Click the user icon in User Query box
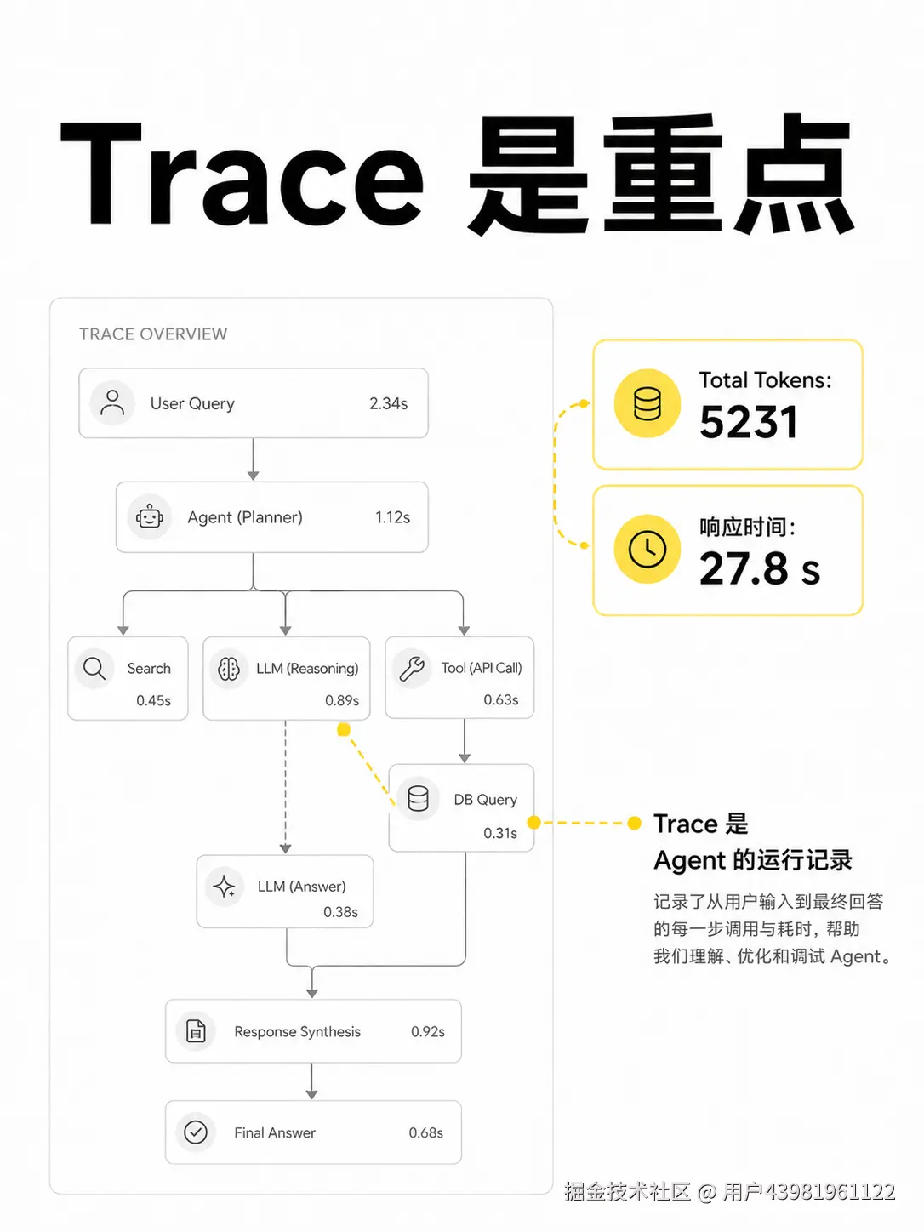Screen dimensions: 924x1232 point(112,403)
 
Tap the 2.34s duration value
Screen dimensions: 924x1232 point(388,403)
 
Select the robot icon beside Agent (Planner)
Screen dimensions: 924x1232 point(149,517)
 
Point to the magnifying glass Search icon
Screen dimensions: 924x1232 point(94,668)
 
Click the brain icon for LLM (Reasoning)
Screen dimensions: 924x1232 point(228,669)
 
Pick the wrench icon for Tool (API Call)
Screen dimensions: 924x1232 point(412,669)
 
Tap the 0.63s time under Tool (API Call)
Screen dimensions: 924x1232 point(501,700)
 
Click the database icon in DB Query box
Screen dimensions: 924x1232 point(418,799)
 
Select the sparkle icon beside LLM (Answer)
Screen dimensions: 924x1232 point(225,887)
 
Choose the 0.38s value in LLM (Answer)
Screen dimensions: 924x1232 point(340,912)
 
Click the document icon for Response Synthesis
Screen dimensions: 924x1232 point(196,1031)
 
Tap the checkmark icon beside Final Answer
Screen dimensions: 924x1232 point(196,1132)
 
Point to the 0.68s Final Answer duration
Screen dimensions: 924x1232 point(425,1132)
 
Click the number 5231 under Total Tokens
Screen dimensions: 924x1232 point(749,422)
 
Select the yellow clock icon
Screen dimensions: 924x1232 point(647,549)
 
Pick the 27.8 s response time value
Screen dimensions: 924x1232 point(760,568)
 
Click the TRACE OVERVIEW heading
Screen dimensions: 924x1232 point(153,334)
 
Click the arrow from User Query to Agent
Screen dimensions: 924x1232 point(253,459)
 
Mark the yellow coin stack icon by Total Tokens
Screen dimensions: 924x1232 point(647,403)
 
